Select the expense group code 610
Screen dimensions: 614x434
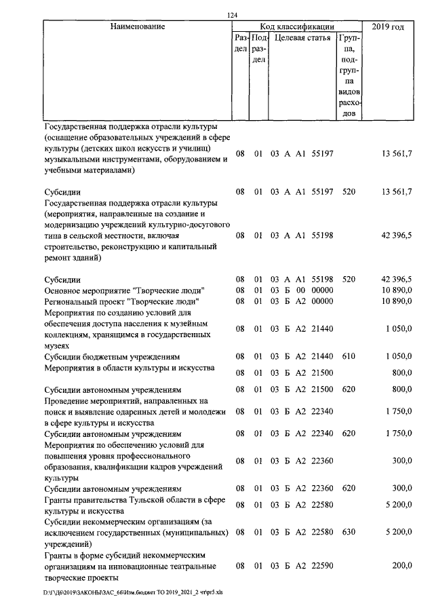click(349, 356)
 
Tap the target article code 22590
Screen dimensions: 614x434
click(322, 564)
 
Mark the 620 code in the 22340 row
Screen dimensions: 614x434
click(349, 434)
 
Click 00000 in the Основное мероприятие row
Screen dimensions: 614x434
click(322, 290)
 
